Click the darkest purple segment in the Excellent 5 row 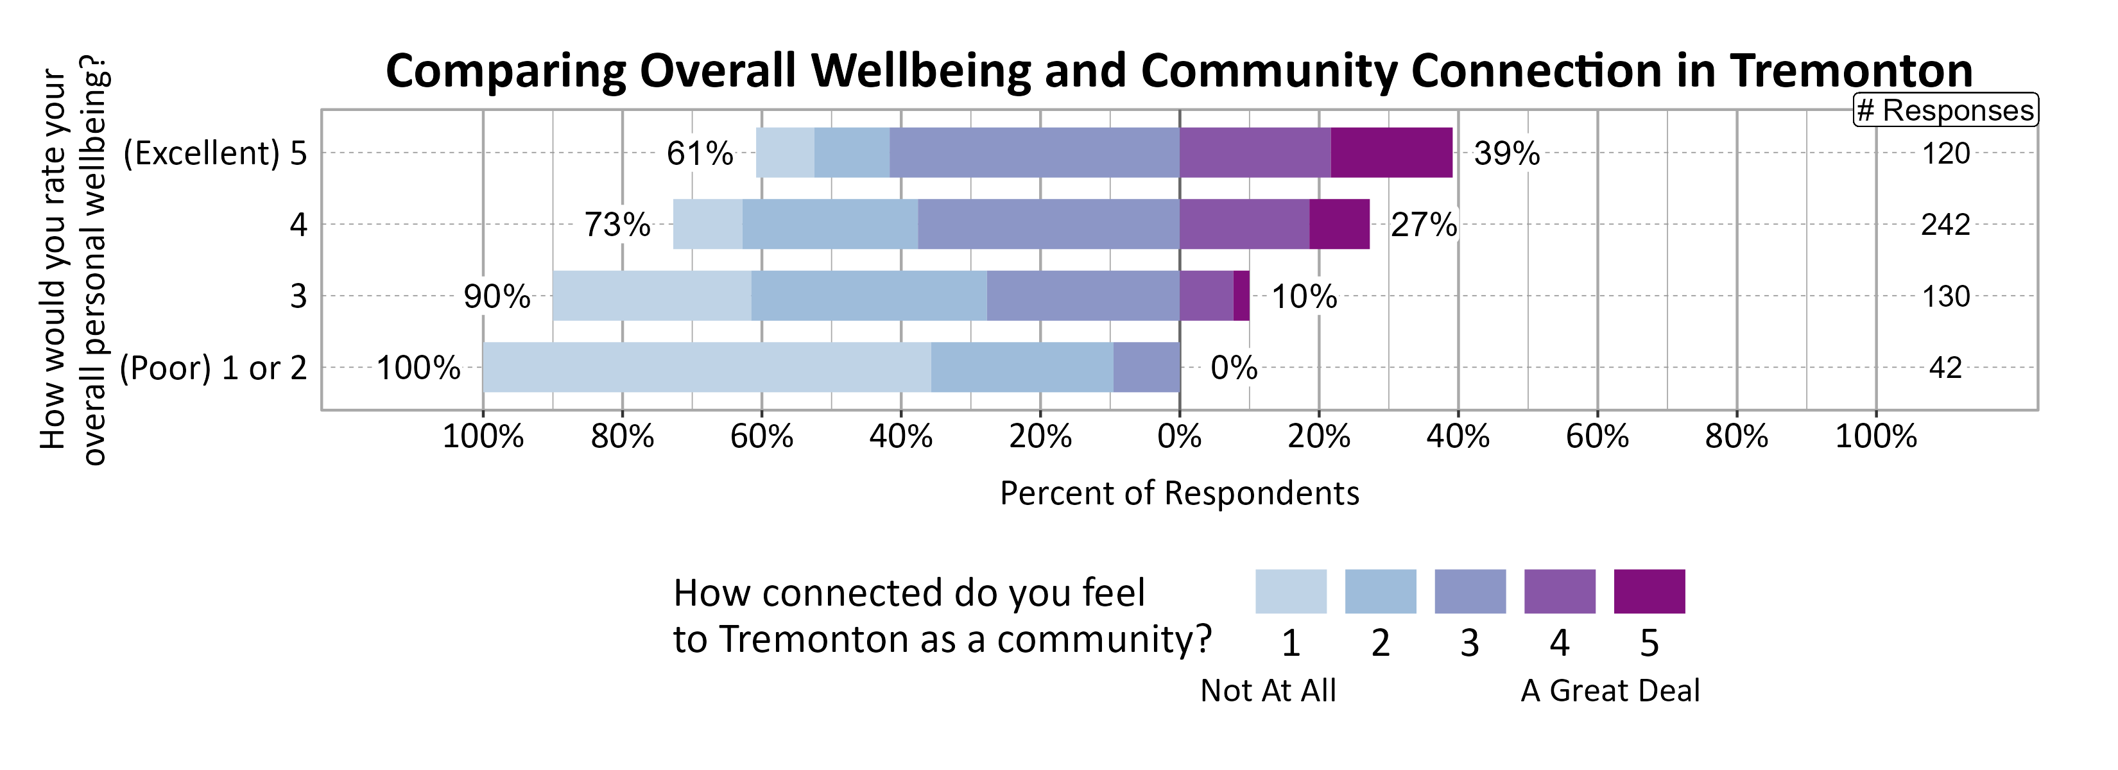point(1391,153)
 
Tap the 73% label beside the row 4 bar point(617,225)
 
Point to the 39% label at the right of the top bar point(1506,153)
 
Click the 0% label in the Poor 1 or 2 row point(1234,367)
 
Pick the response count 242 point(1945,225)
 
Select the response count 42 point(1945,367)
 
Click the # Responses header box point(1945,110)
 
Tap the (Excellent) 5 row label point(214,153)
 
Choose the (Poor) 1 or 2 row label point(213,367)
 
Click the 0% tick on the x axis point(1179,436)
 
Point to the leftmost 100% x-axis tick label point(483,436)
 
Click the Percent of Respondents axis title point(1179,493)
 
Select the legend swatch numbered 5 point(1649,591)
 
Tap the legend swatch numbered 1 point(1290,591)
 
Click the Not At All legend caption point(1268,690)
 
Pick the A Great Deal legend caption point(1610,690)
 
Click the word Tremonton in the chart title point(1850,71)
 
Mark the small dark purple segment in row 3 point(1241,296)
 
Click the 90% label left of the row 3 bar point(497,296)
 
